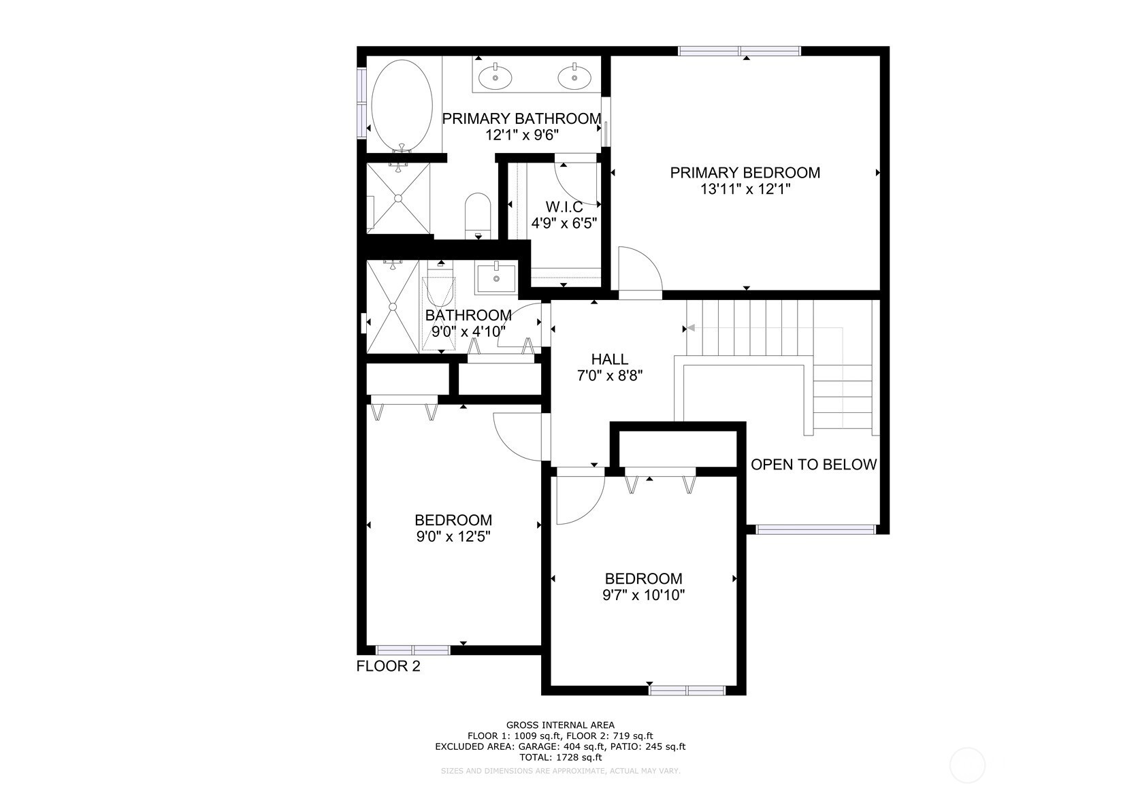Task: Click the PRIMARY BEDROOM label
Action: click(x=745, y=173)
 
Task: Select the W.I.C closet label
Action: click(x=564, y=207)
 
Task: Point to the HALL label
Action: click(x=610, y=359)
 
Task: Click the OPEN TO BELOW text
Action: click(x=814, y=464)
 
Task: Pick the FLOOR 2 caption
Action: click(x=389, y=666)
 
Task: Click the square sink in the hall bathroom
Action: click(x=496, y=278)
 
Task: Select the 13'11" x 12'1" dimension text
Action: click(x=745, y=189)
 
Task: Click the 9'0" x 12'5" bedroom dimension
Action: click(x=453, y=536)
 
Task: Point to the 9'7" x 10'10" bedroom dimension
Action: click(x=644, y=595)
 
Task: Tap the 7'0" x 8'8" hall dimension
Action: click(x=610, y=375)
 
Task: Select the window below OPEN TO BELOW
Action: click(x=815, y=529)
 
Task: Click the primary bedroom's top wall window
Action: click(x=740, y=51)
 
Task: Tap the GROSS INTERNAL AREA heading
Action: click(x=561, y=725)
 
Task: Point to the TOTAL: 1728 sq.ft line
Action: click(x=561, y=757)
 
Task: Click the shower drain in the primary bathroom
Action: click(x=398, y=198)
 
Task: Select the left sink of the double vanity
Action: click(x=495, y=78)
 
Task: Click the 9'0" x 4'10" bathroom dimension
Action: click(x=468, y=331)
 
